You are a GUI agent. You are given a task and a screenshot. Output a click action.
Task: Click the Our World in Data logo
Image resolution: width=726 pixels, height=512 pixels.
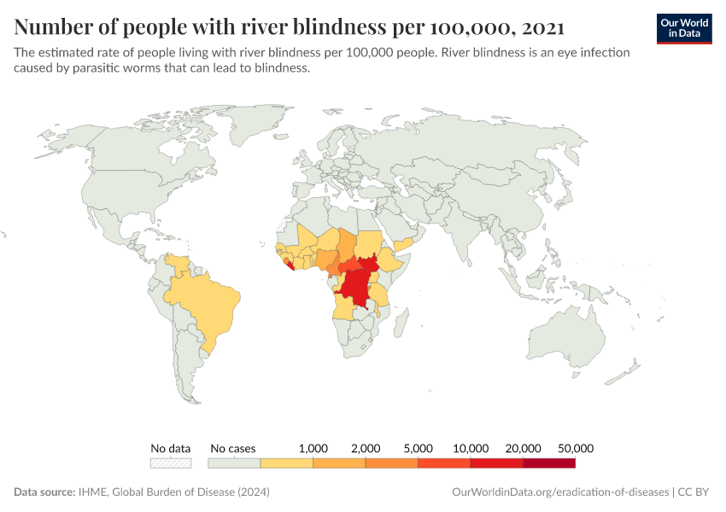coord(684,27)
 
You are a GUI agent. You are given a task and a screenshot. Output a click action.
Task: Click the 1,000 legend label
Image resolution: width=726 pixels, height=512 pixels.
coord(313,448)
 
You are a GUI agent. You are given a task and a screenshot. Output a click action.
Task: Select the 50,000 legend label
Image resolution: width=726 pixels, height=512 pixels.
coord(576,448)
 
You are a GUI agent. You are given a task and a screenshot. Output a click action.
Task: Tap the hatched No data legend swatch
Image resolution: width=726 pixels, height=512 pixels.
coord(171,463)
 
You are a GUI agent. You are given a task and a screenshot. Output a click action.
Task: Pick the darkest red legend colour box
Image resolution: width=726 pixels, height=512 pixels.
coord(549,463)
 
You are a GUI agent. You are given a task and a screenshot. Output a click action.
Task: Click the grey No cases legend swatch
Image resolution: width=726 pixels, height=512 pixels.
coord(234,463)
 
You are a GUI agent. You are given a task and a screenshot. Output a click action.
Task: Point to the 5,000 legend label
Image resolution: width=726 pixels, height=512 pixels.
coord(419,448)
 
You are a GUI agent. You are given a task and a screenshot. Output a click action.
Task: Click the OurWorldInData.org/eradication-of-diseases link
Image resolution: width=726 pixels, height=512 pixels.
coord(559,492)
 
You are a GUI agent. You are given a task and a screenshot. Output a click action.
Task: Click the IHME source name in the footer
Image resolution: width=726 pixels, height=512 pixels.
coord(91,492)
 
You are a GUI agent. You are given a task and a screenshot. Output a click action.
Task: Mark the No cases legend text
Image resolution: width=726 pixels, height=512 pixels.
coord(232,448)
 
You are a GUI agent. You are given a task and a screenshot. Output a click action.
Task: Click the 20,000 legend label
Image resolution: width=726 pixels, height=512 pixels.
coord(524,448)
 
